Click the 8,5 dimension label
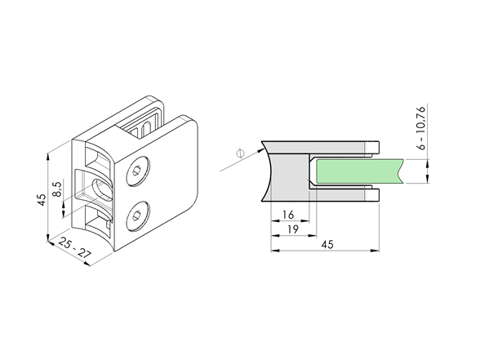[58, 189]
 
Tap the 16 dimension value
[288, 215]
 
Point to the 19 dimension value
[293, 229]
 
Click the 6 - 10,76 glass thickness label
[421, 128]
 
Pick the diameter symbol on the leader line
[241, 153]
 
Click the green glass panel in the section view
[359, 171]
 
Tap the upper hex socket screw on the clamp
[138, 171]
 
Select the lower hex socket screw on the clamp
[138, 216]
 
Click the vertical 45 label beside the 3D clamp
[42, 199]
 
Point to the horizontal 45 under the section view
[327, 244]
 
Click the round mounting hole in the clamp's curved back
[102, 189]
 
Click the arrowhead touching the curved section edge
[260, 150]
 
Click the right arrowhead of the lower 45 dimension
[375, 251]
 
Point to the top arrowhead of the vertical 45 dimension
[47, 157]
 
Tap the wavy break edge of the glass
[401, 171]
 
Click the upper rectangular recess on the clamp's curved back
[97, 158]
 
